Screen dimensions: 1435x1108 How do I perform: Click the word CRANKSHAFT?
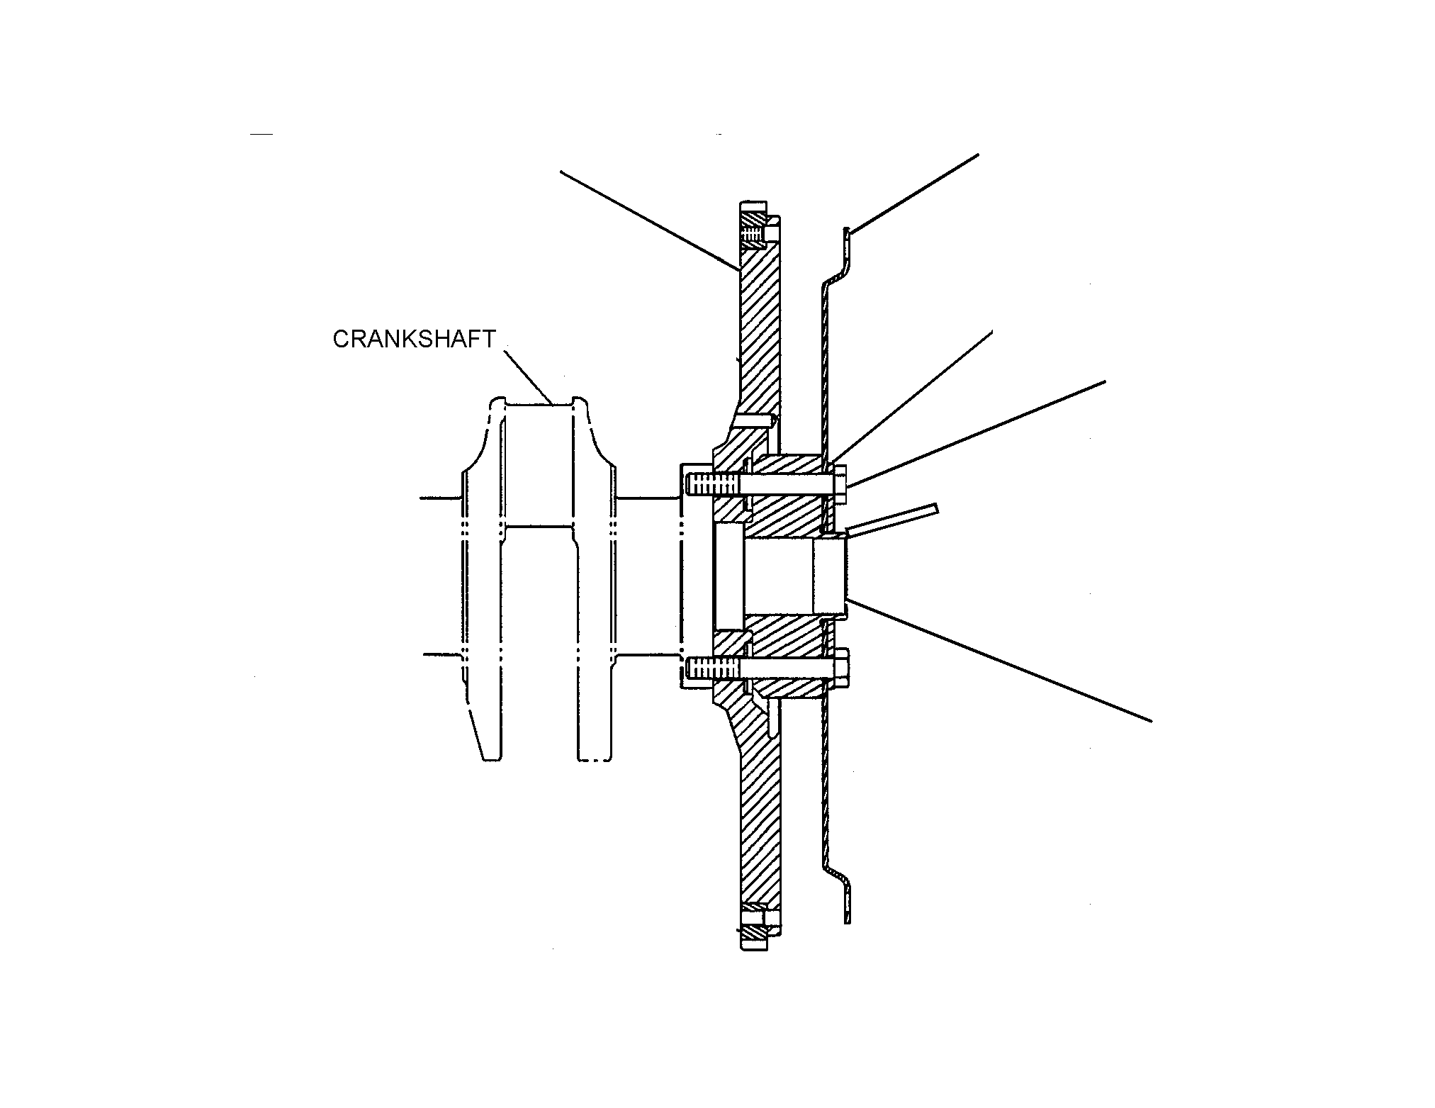coord(414,339)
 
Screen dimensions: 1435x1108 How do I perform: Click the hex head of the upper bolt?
coord(840,485)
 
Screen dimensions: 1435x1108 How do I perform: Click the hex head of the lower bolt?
coord(840,668)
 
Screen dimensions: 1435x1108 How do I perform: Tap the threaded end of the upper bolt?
coord(712,485)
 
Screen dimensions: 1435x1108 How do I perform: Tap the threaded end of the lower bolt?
coord(712,668)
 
